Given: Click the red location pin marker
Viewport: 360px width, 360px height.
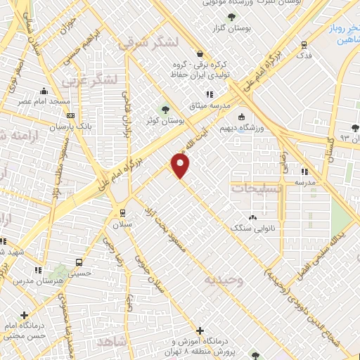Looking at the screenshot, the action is coord(181,165).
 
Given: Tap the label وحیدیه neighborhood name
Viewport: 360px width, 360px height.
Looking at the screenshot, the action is coord(224,281).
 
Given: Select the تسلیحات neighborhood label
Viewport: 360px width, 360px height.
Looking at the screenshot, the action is coord(257,188).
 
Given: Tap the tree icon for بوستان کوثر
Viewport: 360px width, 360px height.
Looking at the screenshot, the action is coord(166,110).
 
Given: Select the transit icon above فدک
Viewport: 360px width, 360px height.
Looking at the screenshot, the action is coord(304,44).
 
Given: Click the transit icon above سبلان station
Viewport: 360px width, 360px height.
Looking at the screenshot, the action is coord(123,212).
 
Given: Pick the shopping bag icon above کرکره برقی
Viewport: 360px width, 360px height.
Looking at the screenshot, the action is coord(200,54).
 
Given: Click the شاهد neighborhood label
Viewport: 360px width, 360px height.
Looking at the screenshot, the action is coord(112,342).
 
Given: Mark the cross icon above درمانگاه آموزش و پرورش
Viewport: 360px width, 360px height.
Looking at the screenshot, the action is coord(200,330).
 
